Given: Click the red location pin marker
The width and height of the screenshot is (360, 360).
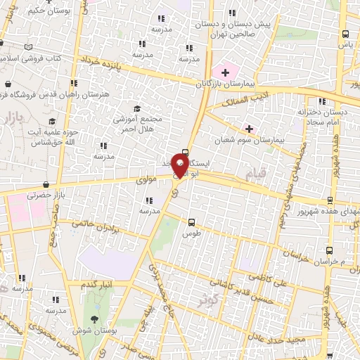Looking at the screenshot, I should click(x=181, y=165).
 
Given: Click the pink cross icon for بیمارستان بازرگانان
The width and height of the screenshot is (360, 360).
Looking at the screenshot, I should click(x=226, y=72).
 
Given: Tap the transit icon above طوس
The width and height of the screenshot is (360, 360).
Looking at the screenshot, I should click(x=191, y=221).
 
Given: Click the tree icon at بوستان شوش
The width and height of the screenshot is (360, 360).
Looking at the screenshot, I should click(x=95, y=319).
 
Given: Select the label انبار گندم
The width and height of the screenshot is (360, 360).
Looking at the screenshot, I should click(x=97, y=284).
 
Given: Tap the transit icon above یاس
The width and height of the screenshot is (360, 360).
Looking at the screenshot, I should click(x=345, y=34).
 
